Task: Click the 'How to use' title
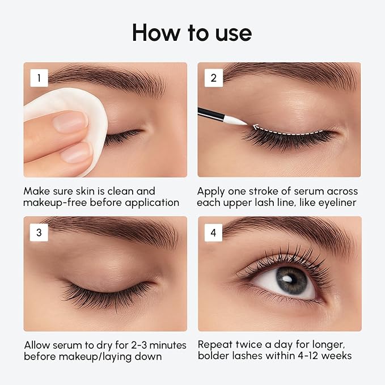(192, 32)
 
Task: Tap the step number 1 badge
(39, 78)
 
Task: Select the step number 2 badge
(213, 78)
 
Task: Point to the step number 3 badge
(39, 232)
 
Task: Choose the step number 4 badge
(213, 232)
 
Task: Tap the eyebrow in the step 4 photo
(289, 230)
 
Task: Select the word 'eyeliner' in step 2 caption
(339, 202)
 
